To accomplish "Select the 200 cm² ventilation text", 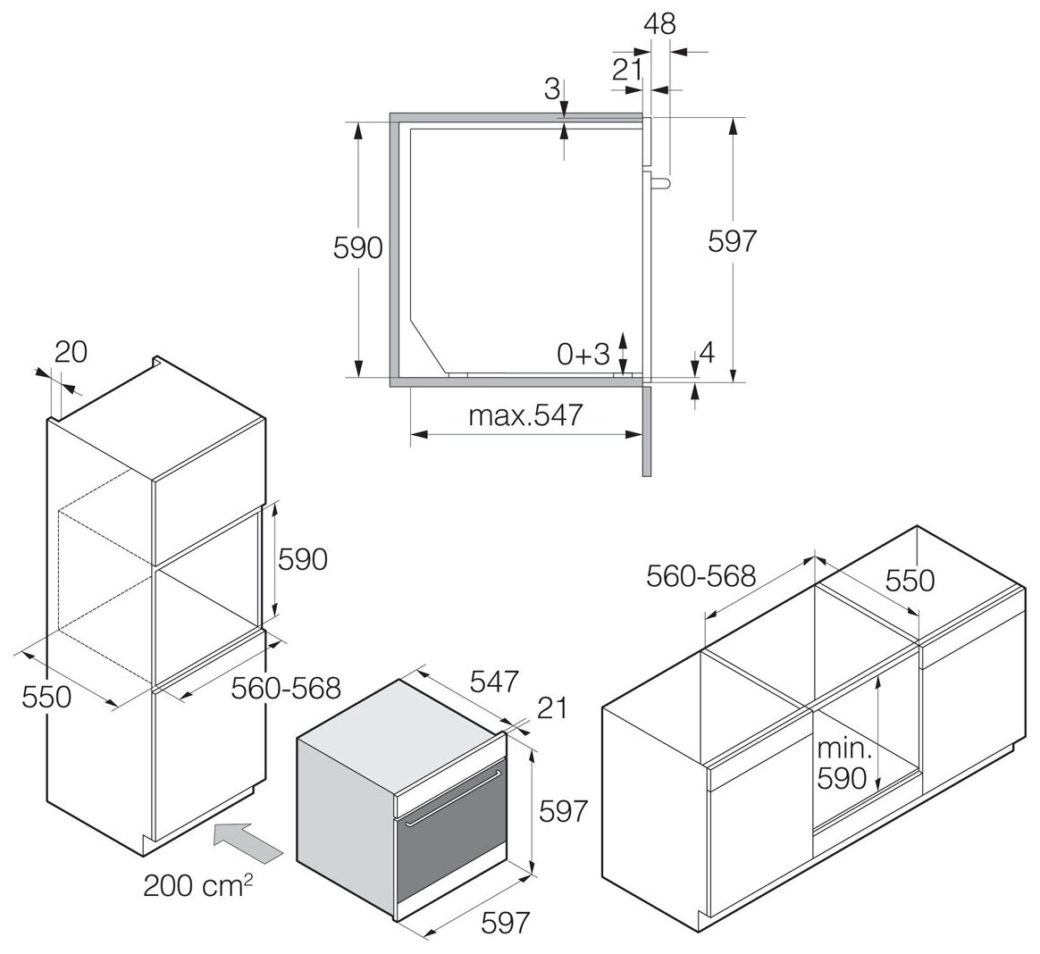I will [197, 887].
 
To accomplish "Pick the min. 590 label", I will [842, 763].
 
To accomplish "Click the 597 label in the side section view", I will [732, 241].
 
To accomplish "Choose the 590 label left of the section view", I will [357, 247].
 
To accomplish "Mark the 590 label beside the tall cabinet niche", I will [302, 559].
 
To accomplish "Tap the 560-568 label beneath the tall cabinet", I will [286, 688].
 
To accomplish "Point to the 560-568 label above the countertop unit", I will [700, 575].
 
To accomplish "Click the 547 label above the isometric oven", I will [493, 682].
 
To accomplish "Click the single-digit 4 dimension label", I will [706, 353].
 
